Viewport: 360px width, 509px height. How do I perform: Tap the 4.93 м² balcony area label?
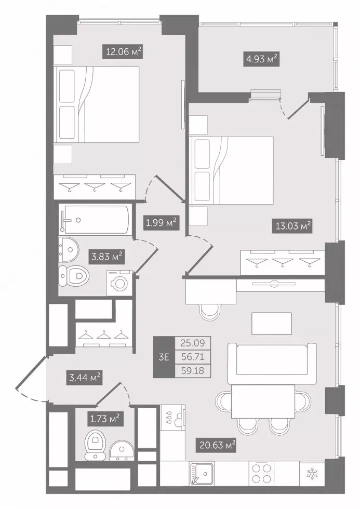pos(261,59)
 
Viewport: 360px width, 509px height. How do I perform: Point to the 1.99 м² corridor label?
pos(161,223)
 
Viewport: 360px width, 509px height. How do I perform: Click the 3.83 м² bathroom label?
pos(107,257)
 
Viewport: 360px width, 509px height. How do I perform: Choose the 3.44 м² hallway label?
pos(84,377)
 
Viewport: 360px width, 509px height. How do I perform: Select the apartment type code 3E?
pos(164,357)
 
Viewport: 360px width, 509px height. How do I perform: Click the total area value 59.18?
pos(193,371)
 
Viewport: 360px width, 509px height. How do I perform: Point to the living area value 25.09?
pos(193,343)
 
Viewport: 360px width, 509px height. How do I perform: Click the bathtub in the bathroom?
pos(95,219)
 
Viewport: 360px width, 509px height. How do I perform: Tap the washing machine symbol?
pos(119,283)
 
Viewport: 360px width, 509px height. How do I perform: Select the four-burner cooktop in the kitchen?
pos(261,474)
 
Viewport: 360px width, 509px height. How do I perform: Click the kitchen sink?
pos(202,474)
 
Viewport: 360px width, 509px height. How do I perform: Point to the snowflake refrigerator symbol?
pos(313,474)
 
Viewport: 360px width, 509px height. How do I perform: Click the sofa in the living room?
pos(272,363)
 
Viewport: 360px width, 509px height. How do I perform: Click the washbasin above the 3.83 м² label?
pos(69,249)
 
